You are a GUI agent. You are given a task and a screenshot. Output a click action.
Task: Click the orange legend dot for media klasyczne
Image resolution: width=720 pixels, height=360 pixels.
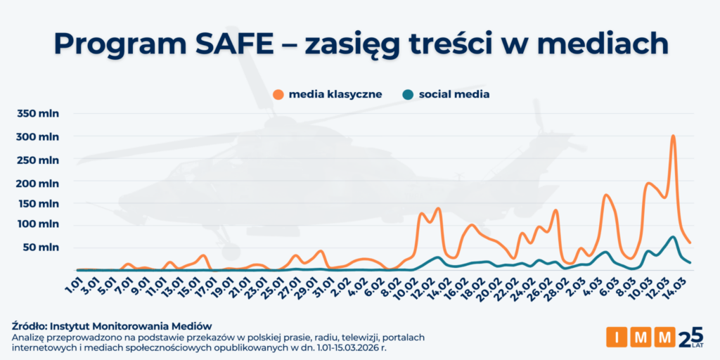[x=278, y=94]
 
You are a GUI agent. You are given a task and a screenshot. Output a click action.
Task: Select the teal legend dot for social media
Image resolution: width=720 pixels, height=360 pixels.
[x=408, y=94]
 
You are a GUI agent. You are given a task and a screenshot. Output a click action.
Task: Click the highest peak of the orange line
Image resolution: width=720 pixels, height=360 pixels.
[x=673, y=136]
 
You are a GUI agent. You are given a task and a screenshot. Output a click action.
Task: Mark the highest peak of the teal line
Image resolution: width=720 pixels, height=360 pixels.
[x=673, y=237]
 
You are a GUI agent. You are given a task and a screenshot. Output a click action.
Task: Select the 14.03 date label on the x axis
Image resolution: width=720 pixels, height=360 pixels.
[x=680, y=285]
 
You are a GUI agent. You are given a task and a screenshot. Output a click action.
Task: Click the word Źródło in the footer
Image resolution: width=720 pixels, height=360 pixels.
[x=31, y=326]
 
